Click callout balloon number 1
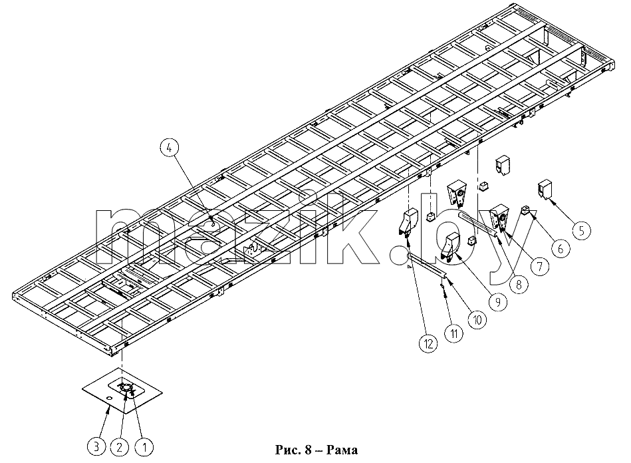(144, 446)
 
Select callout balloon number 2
(120, 446)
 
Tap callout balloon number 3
(96, 446)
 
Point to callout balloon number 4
(170, 148)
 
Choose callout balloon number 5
(581, 231)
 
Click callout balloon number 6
(561, 248)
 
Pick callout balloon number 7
(540, 265)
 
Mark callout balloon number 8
(519, 284)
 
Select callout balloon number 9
(498, 301)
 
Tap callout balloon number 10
(477, 320)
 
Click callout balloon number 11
(454, 333)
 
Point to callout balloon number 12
(428, 343)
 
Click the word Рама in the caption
(342, 450)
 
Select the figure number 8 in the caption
(309, 450)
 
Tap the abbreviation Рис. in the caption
(288, 450)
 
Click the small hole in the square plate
(108, 398)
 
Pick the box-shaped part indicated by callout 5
(545, 189)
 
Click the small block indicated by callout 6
(527, 210)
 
